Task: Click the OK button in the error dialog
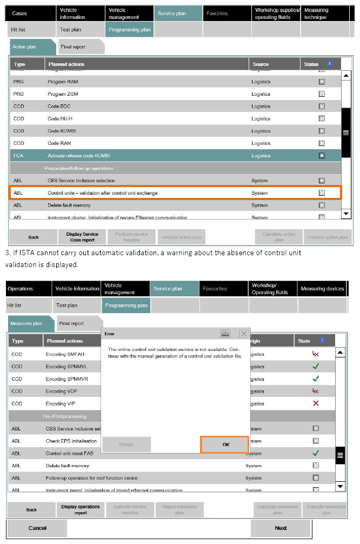tap(224, 445)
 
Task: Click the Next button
tap(281, 528)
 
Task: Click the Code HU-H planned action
tap(61, 118)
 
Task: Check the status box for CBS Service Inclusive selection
tap(322, 181)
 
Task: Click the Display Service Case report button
tap(82, 237)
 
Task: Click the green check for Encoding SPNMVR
tap(316, 379)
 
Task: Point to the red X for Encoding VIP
tap(316, 403)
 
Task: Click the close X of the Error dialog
tap(244, 334)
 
